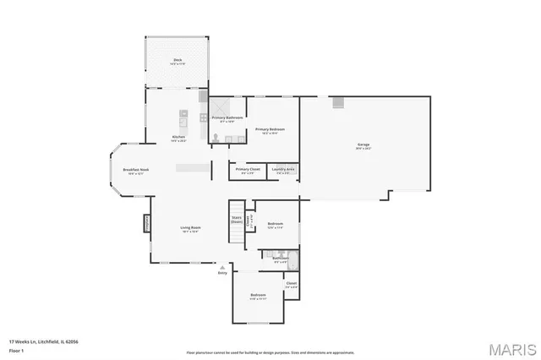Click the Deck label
click(178, 60)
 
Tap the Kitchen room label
click(178, 138)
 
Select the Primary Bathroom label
click(227, 117)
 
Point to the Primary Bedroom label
click(270, 129)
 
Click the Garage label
click(363, 145)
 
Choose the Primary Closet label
click(248, 170)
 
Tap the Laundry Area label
click(283, 170)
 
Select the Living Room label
click(190, 228)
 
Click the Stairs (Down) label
click(237, 219)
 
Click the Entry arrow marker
click(222, 266)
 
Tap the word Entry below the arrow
click(222, 273)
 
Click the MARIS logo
click(511, 348)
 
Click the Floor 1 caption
click(17, 349)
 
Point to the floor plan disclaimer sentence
click(270, 352)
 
